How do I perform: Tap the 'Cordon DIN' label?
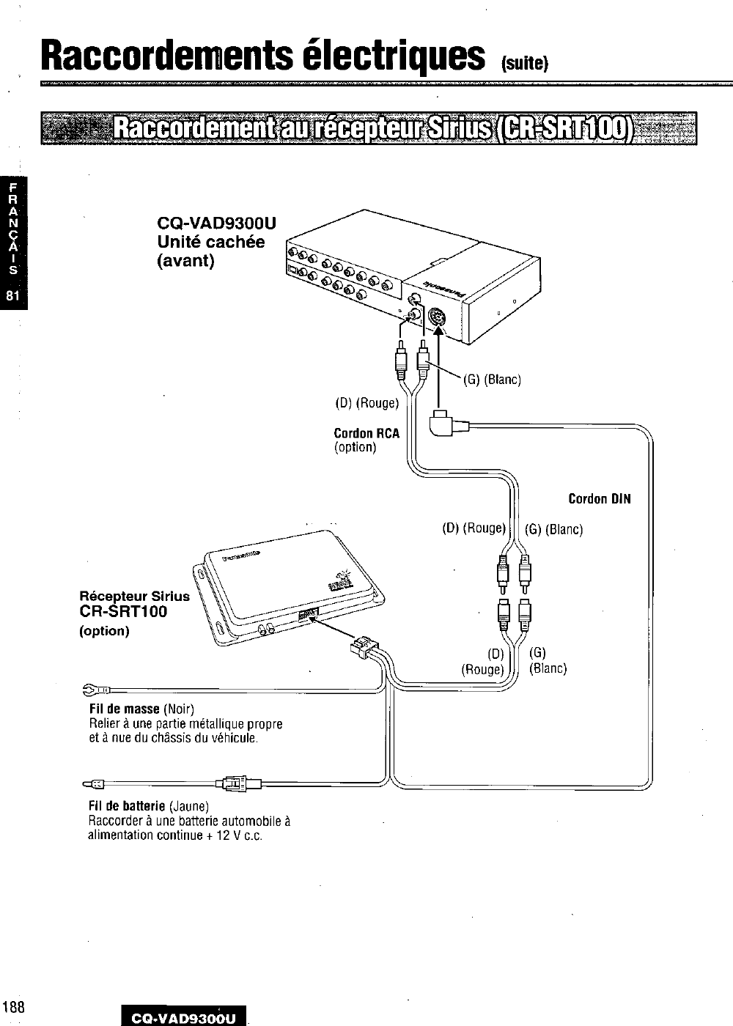[599, 500]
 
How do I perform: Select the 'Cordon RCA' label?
[366, 433]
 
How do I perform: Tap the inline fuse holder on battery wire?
[236, 783]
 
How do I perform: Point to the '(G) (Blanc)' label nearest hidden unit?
[492, 380]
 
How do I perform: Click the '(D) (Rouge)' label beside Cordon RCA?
[367, 402]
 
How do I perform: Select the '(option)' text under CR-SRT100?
[104, 631]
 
